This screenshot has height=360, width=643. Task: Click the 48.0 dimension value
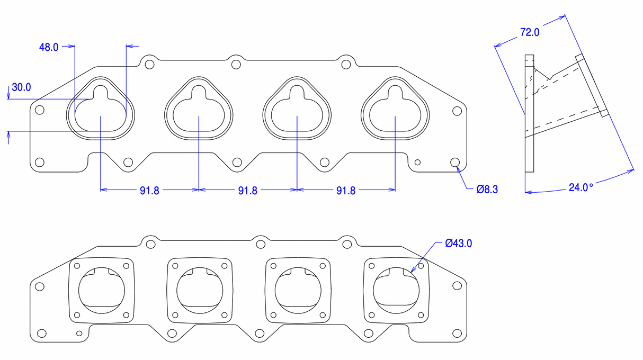48,47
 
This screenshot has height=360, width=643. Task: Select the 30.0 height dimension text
21,87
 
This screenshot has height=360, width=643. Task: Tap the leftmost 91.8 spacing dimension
149,191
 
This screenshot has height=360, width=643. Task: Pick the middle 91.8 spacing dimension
247,191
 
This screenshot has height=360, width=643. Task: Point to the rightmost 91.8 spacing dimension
345,191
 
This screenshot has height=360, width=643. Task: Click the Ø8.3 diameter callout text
487,188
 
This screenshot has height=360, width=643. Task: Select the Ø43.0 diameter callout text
458,244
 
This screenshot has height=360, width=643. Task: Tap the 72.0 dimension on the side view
529,32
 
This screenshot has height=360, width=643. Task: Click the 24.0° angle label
581,187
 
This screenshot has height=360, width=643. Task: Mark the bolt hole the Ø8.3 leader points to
454,162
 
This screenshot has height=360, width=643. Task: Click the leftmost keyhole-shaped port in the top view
101,109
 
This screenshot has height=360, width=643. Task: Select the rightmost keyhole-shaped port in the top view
395,109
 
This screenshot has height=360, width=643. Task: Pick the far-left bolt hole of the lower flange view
39,286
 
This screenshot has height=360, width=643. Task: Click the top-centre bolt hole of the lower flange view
260,244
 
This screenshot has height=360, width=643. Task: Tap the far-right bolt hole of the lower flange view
457,286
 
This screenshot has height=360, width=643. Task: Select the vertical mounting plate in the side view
530,114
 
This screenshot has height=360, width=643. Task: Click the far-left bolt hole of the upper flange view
39,111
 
